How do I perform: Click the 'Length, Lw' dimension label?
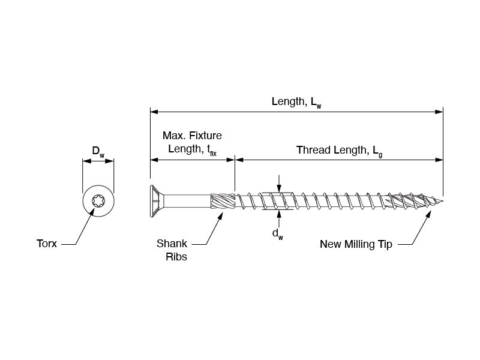296,102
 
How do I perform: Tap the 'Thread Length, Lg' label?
339,151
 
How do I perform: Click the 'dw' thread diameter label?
278,233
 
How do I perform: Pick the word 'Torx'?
47,244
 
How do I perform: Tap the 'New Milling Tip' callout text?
356,244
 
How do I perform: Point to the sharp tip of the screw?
442,200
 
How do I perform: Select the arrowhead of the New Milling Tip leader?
431,214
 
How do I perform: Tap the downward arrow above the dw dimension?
278,188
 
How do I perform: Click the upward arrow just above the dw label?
278,213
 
